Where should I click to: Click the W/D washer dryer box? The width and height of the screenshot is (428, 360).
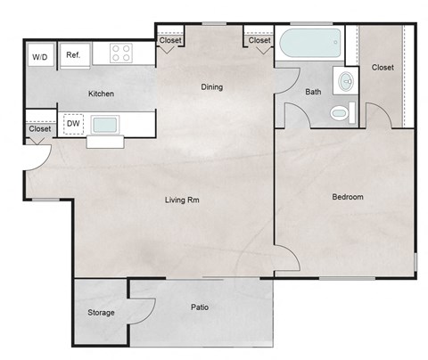(40, 57)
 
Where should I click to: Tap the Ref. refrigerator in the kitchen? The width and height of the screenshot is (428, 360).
(73, 55)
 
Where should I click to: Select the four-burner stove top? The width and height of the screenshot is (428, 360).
(121, 53)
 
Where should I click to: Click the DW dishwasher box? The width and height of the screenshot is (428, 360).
(74, 123)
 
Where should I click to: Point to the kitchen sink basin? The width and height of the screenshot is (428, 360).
(105, 123)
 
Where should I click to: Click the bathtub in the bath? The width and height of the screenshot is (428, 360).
(309, 43)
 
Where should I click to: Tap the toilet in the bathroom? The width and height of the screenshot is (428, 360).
(340, 113)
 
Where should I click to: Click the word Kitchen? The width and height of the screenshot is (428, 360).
(101, 94)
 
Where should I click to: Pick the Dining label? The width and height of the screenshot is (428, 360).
(211, 86)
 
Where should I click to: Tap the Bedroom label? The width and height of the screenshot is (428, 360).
(348, 196)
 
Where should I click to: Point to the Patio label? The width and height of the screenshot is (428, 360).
(200, 307)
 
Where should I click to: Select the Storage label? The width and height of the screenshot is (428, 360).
(100, 313)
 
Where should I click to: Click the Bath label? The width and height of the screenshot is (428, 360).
(313, 91)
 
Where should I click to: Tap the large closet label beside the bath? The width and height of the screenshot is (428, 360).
(383, 67)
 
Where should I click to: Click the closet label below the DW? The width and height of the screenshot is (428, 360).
(39, 129)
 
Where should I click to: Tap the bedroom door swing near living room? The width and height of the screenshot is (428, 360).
(287, 261)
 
